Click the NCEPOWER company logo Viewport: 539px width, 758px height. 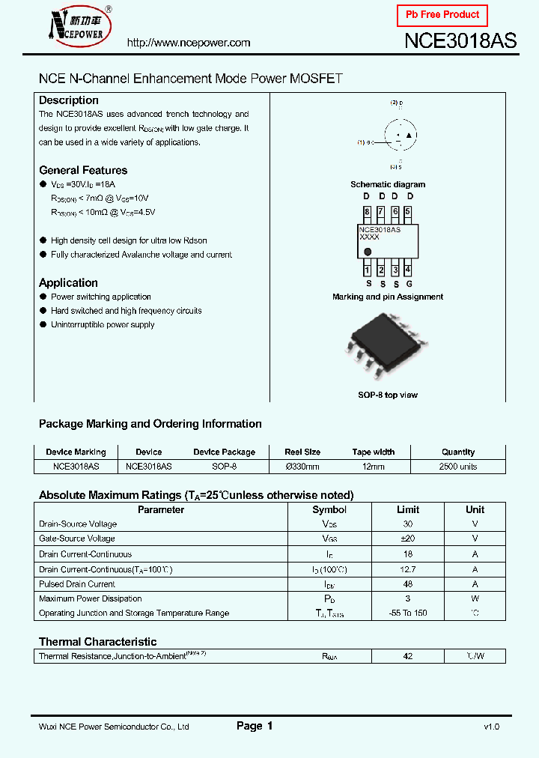coord(78,26)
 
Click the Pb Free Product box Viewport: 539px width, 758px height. coord(442,15)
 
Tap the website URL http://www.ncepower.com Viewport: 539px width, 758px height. coord(189,43)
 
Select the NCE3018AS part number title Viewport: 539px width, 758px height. coord(460,41)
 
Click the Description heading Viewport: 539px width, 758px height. coord(68,100)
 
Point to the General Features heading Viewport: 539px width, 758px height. coord(83,170)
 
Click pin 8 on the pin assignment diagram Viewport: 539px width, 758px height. coord(367,212)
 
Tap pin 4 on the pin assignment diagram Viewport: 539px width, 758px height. coord(407,270)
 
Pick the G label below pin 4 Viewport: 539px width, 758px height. coord(408,284)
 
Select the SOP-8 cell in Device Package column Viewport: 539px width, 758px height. coord(224,466)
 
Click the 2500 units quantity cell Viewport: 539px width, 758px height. coord(457,466)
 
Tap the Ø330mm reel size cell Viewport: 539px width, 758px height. coord(302,466)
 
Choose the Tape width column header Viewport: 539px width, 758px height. coord(373,452)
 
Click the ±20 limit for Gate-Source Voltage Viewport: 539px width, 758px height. coord(408,539)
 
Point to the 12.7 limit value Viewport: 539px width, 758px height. coord(408,569)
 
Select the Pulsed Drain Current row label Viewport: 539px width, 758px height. coord(77,584)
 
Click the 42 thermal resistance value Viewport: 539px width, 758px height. coord(408,656)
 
